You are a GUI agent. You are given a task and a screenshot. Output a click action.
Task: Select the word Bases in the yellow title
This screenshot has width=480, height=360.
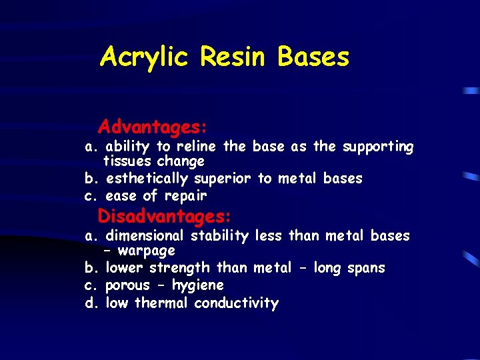pos(314,57)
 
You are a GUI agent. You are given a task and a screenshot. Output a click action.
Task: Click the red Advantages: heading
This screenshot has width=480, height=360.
pos(153,126)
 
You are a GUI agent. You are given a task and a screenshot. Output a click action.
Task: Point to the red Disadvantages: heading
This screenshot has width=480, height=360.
pos(165,217)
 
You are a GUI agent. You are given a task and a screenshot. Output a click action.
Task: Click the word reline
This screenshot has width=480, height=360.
pos(198,147)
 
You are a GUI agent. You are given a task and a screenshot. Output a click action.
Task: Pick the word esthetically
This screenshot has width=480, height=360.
pos(148,179)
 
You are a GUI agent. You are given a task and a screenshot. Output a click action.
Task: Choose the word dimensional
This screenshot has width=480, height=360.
pos(146,236)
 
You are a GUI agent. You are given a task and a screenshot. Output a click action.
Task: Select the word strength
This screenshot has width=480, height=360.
pos(179,268)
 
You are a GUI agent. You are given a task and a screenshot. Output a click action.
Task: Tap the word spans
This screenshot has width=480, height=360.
pos(365,268)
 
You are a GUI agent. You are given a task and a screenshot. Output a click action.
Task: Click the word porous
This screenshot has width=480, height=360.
pos(127,285)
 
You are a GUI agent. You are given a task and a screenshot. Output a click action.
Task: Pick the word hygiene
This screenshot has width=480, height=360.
pos(197,286)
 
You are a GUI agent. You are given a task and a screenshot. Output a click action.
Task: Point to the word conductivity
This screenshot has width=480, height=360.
pos(236,303)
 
